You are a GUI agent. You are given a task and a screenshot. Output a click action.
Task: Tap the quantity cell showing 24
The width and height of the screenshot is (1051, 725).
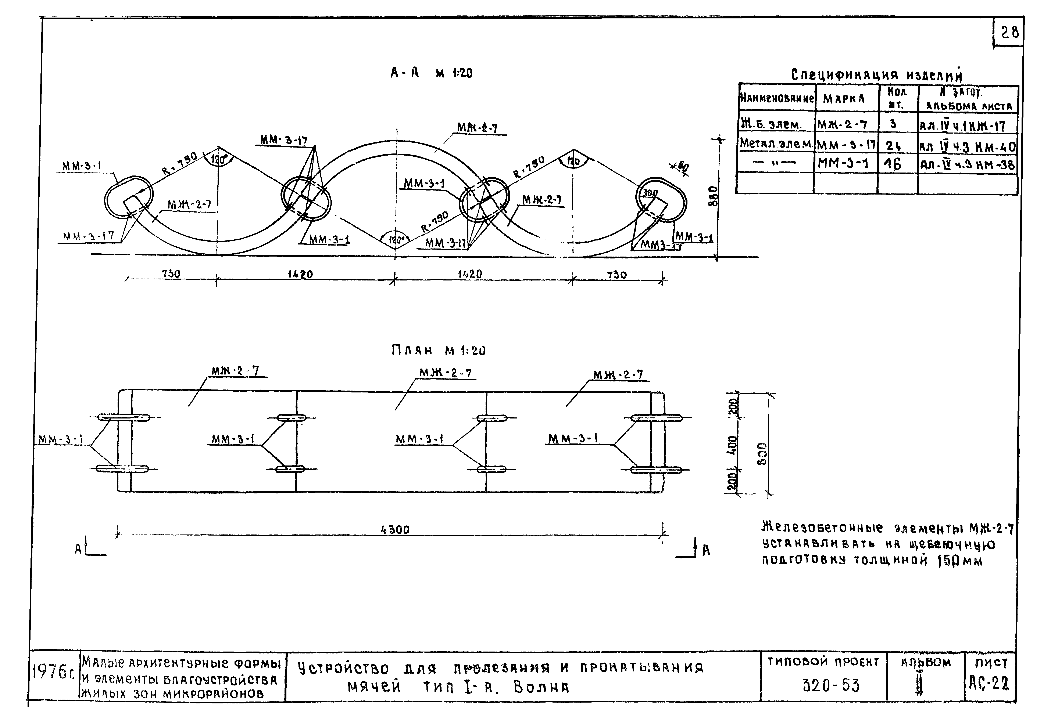[893, 145]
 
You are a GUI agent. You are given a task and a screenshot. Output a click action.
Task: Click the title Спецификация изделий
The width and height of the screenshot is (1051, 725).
[876, 75]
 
